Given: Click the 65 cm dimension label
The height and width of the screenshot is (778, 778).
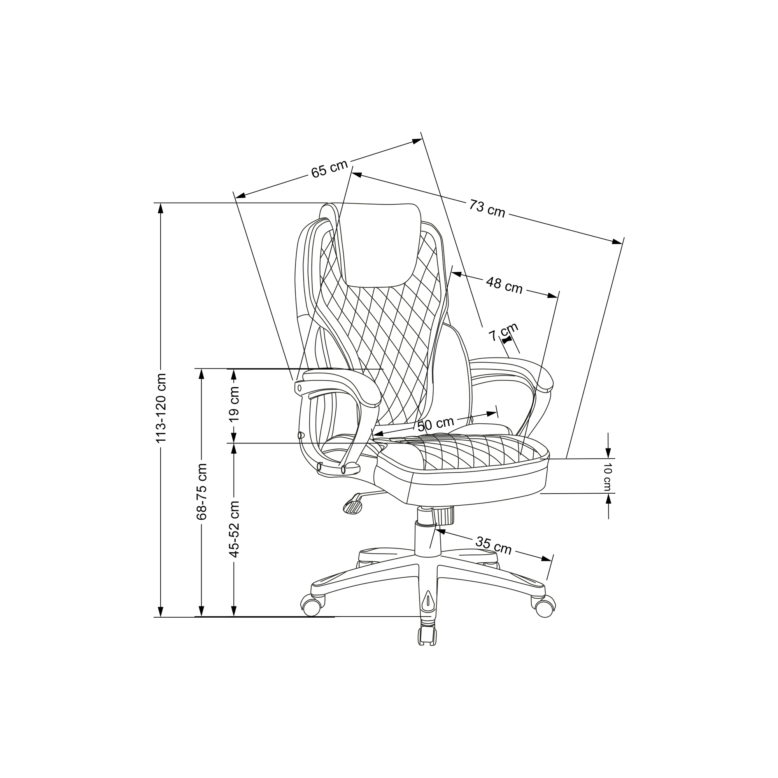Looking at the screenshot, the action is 329,169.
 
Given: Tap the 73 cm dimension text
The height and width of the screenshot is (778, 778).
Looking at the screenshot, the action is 487,209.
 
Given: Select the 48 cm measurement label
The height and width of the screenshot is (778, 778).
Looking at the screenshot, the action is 504,285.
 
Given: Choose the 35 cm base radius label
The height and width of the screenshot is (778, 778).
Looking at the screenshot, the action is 493,546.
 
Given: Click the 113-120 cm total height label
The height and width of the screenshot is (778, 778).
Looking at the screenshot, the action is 161,408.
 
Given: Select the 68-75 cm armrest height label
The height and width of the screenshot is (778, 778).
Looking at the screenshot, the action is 202,491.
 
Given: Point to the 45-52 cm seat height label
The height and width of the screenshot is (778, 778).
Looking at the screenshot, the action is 234,529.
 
